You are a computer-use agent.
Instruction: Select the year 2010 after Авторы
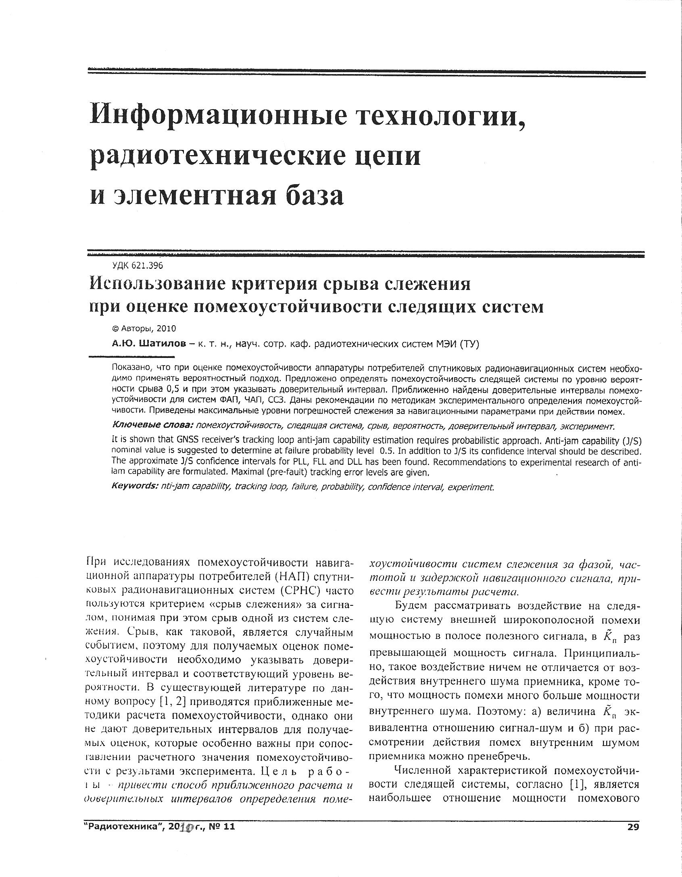tap(166, 329)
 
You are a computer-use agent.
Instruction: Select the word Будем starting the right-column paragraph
tap(413, 606)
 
